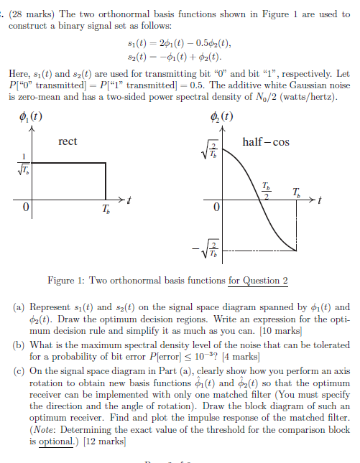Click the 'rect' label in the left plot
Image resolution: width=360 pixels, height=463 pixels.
point(68,141)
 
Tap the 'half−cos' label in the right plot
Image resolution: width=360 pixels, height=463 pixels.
point(267,141)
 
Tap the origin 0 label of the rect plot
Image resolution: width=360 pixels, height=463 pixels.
point(25,208)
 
